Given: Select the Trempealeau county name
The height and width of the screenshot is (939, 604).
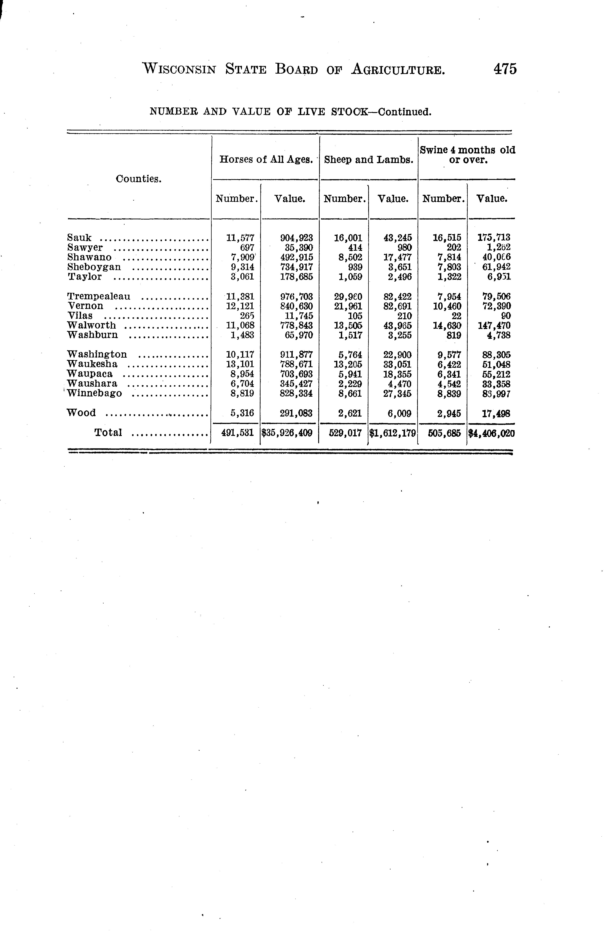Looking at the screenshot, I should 99,296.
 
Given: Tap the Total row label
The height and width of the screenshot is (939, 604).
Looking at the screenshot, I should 108,433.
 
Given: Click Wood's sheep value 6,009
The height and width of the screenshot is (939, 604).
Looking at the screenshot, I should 399,413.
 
